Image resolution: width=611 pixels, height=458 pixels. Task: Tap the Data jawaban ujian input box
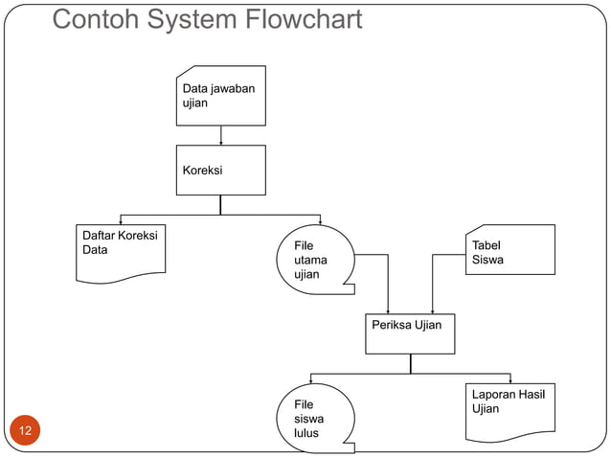point(220,96)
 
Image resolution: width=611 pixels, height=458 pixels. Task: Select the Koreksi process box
point(220,170)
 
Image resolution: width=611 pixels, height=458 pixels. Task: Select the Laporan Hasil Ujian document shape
point(510,410)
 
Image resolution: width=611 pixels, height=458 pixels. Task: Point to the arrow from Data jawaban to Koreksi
point(221,135)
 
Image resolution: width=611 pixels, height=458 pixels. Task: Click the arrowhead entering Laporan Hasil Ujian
point(510,380)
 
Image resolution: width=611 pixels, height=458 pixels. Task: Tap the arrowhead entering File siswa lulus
point(310,380)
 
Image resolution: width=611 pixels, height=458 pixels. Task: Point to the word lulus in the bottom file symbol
point(306,433)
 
